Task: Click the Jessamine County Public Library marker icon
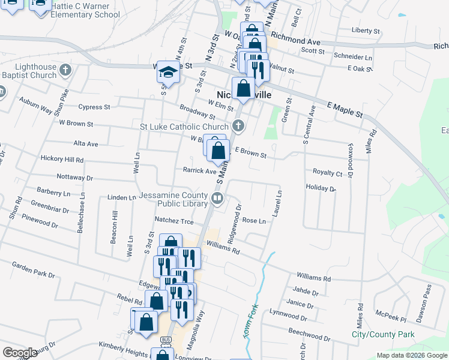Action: click(x=217, y=197)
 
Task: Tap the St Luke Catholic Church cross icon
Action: click(x=238, y=126)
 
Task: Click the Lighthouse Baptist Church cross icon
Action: click(x=66, y=71)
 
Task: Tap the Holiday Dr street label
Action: click(x=321, y=188)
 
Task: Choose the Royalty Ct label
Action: click(x=327, y=173)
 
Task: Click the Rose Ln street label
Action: click(x=253, y=221)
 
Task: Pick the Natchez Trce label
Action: click(x=174, y=221)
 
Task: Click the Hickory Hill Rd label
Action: click(x=62, y=159)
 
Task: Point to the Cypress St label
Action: click(x=94, y=107)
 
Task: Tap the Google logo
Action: click(x=20, y=353)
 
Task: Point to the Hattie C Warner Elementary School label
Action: click(x=85, y=10)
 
